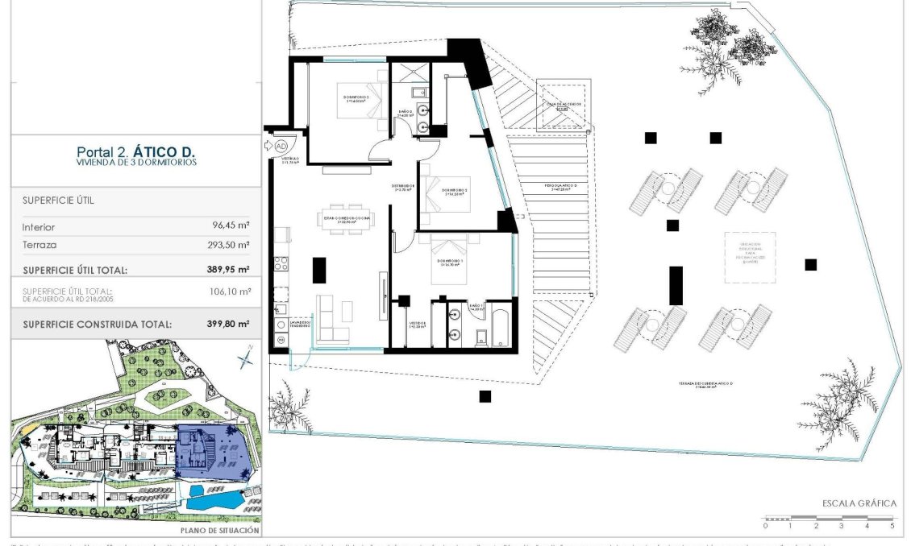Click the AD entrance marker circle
coord(281,146)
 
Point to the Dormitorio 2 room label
coord(454,192)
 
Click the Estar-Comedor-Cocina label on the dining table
coord(347,217)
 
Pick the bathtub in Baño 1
coord(499,329)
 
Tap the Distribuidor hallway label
coord(403,188)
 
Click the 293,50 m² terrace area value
coord(227,245)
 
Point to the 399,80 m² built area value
coord(227,324)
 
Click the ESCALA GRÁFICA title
coord(859,503)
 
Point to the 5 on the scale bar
coord(892,525)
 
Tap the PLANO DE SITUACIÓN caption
coord(219,531)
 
